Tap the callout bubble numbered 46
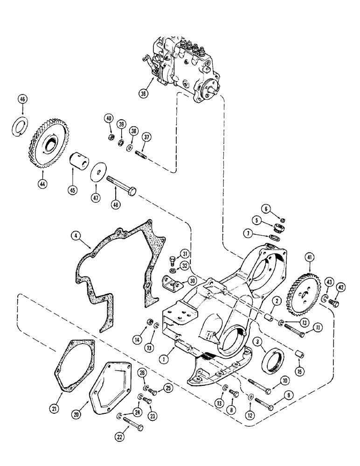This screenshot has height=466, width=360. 22,99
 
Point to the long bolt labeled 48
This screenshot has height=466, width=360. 121,190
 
